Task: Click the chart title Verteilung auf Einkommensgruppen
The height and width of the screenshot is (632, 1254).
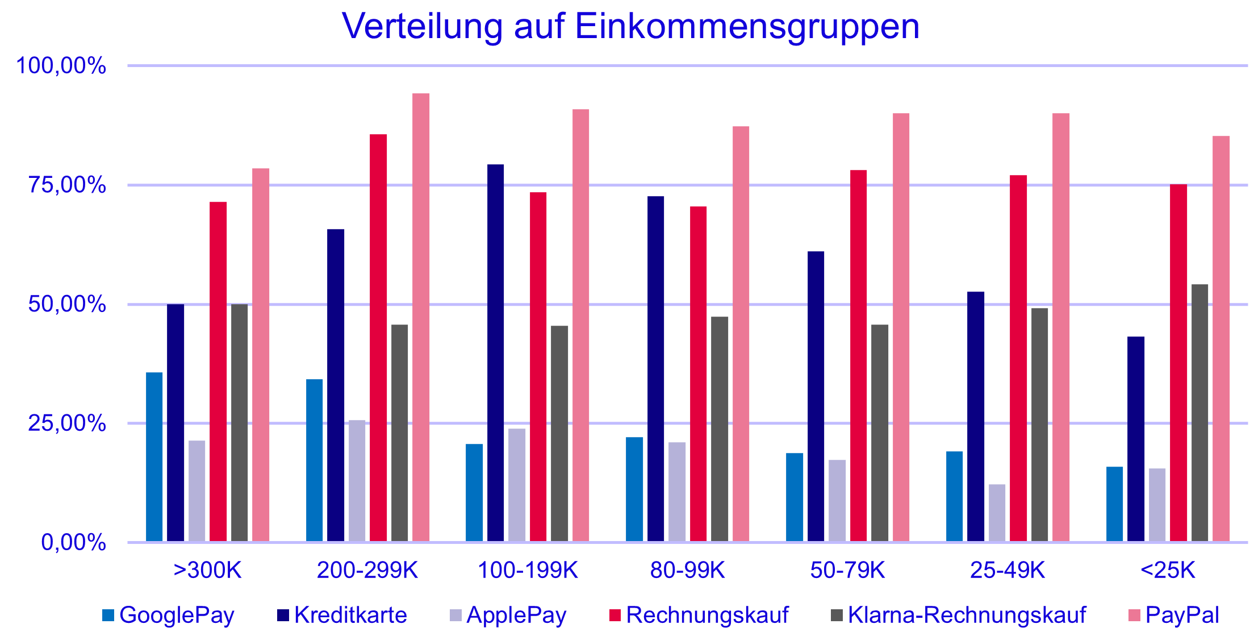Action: tap(630, 26)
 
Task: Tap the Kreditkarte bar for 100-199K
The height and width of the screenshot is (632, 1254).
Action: tap(495, 353)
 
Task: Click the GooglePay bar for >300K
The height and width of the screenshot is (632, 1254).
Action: tap(154, 457)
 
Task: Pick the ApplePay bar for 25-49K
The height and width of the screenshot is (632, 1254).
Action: tap(997, 513)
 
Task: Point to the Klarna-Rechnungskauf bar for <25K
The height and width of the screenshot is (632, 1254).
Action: tap(1199, 413)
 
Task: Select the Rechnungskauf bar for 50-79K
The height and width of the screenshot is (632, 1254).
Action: tap(859, 356)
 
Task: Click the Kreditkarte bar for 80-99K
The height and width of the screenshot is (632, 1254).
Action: tap(655, 369)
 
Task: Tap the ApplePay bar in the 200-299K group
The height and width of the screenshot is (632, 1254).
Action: tap(357, 481)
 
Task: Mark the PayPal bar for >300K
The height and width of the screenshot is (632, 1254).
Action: tap(261, 355)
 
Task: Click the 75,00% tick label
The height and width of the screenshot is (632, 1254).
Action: tap(67, 185)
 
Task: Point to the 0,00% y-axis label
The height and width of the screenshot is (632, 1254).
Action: tap(73, 542)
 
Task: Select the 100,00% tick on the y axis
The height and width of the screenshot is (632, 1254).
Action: tap(61, 66)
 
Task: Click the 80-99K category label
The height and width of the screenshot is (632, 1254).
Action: tap(687, 570)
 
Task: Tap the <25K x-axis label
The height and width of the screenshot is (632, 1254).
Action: tap(1167, 570)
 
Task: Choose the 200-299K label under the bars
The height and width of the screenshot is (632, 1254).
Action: tap(367, 570)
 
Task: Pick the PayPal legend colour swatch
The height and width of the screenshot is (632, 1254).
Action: tap(1134, 615)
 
